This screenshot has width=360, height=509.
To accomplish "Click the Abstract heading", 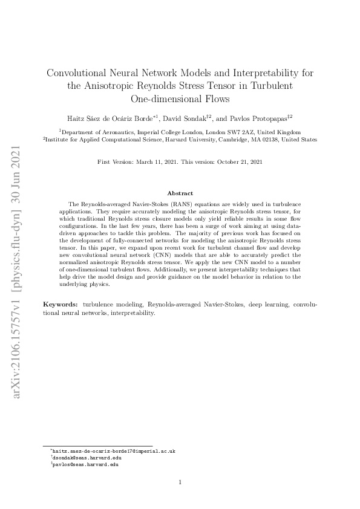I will tap(180, 193).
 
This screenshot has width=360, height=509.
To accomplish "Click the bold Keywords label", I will tap(61, 302).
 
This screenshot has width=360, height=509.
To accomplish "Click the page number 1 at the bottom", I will tap(180, 482).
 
